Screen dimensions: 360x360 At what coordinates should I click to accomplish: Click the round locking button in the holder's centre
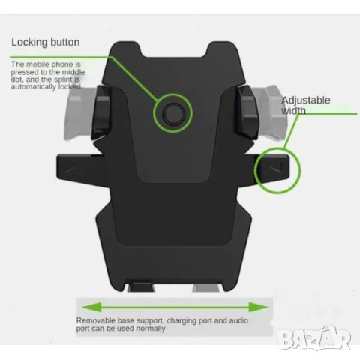point(174,114)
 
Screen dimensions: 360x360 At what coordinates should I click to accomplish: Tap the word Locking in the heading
point(29,43)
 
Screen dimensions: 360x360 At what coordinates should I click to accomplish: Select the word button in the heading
point(64,42)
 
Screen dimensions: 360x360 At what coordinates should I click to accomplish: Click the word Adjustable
point(306,100)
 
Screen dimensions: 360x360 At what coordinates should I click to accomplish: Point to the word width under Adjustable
point(293,110)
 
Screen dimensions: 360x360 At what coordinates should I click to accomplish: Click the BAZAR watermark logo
point(314,337)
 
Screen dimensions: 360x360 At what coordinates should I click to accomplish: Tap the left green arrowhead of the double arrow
point(91,307)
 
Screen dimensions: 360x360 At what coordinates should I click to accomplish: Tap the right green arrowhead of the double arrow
point(259,307)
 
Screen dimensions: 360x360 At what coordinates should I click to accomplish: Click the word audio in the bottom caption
point(238,320)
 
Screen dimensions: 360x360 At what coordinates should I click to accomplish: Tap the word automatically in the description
point(34,87)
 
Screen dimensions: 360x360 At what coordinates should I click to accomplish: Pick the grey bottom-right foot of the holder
point(206,287)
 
